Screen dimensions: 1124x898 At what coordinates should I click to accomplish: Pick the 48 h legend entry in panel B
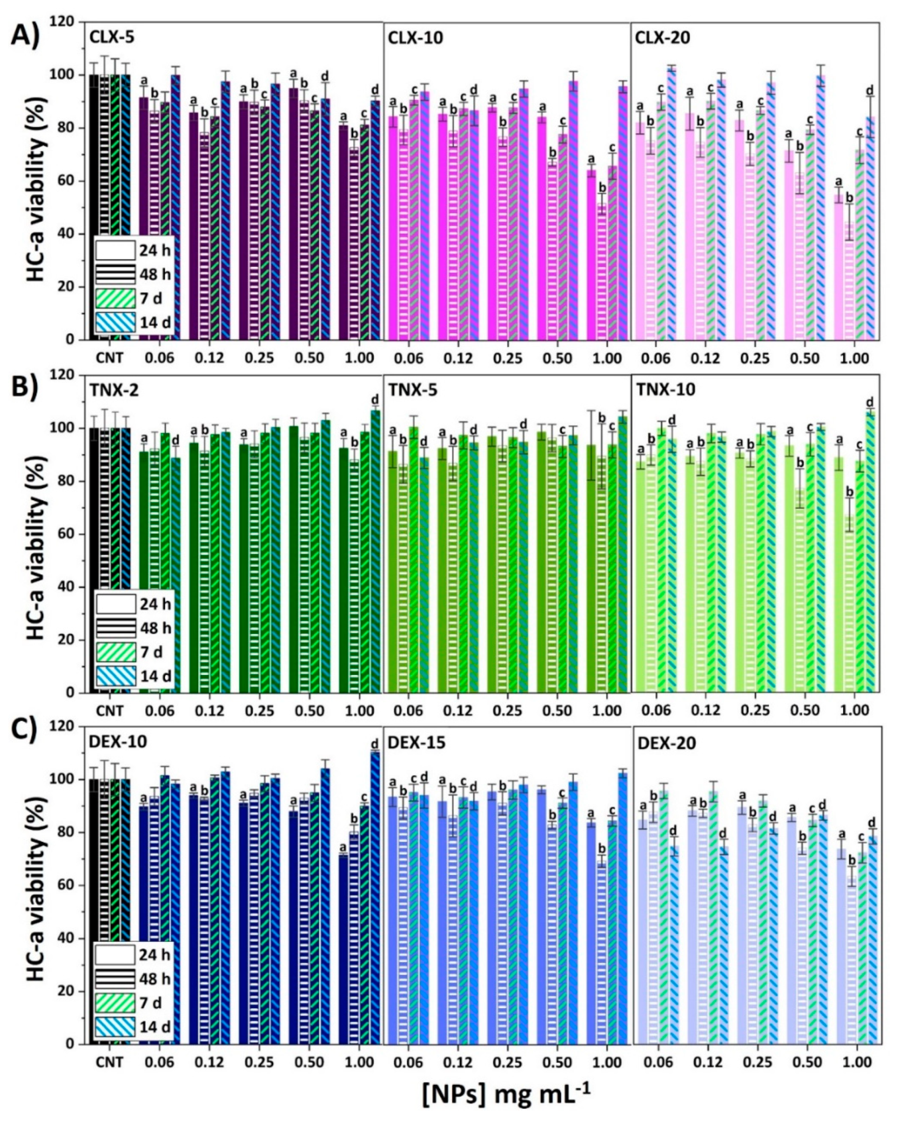click(x=115, y=627)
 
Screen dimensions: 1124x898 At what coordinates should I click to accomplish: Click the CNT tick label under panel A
click(x=109, y=358)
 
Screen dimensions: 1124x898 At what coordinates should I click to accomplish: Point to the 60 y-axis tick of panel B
click(x=72, y=534)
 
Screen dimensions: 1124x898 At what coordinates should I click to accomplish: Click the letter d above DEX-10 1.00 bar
click(x=374, y=744)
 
